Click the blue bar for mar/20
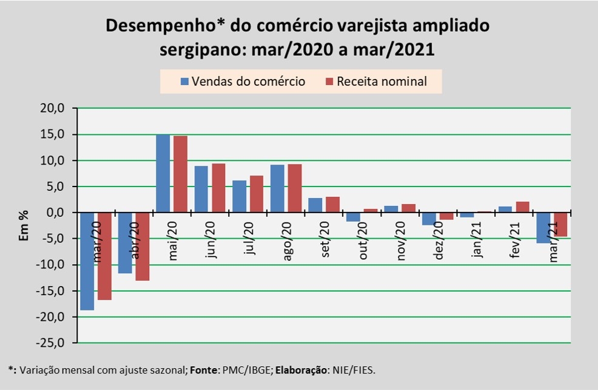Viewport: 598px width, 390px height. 87,261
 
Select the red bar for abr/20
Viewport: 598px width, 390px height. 143,247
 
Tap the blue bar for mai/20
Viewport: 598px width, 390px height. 163,173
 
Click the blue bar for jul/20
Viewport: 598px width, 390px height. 239,196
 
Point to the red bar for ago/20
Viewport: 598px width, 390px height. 294,188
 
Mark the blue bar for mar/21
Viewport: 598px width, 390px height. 543,228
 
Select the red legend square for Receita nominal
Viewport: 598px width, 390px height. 330,81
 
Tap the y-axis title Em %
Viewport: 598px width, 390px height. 24,225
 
